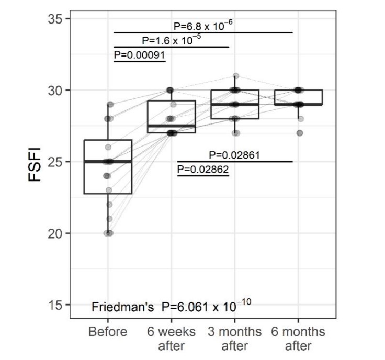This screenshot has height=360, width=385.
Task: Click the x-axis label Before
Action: tap(108, 332)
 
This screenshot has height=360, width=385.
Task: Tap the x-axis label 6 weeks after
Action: tap(171, 338)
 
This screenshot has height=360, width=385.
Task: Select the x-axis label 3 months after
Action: tap(234, 338)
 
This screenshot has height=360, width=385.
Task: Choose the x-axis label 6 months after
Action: tap(298, 338)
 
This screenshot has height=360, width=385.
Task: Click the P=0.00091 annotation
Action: tap(139, 53)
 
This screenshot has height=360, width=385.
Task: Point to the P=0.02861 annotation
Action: tap(234, 154)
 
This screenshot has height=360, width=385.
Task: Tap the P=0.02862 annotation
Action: tap(203, 169)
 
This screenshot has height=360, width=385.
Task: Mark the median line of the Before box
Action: tap(108, 162)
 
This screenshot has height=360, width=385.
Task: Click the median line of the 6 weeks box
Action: tap(171, 126)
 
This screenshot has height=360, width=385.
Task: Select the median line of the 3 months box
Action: tap(235, 105)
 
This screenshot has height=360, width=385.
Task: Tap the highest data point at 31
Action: tap(236, 76)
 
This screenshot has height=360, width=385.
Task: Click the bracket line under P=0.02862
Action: tap(203, 175)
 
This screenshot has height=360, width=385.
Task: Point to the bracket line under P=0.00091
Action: tap(139, 61)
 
